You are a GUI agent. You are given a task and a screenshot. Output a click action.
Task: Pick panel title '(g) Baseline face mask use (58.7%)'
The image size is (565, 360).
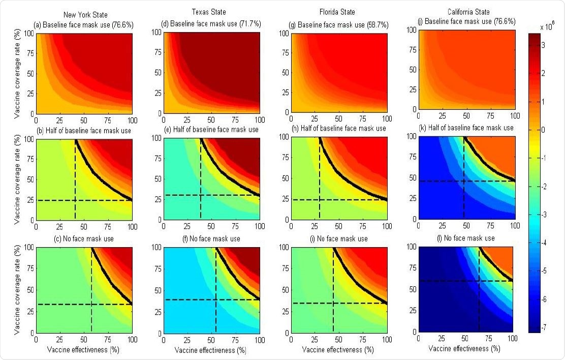click(x=334, y=24)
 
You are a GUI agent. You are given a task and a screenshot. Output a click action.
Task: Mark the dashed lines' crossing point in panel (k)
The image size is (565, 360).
click(x=464, y=181)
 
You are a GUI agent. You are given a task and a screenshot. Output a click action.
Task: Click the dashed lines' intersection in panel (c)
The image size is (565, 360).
click(x=91, y=305)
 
